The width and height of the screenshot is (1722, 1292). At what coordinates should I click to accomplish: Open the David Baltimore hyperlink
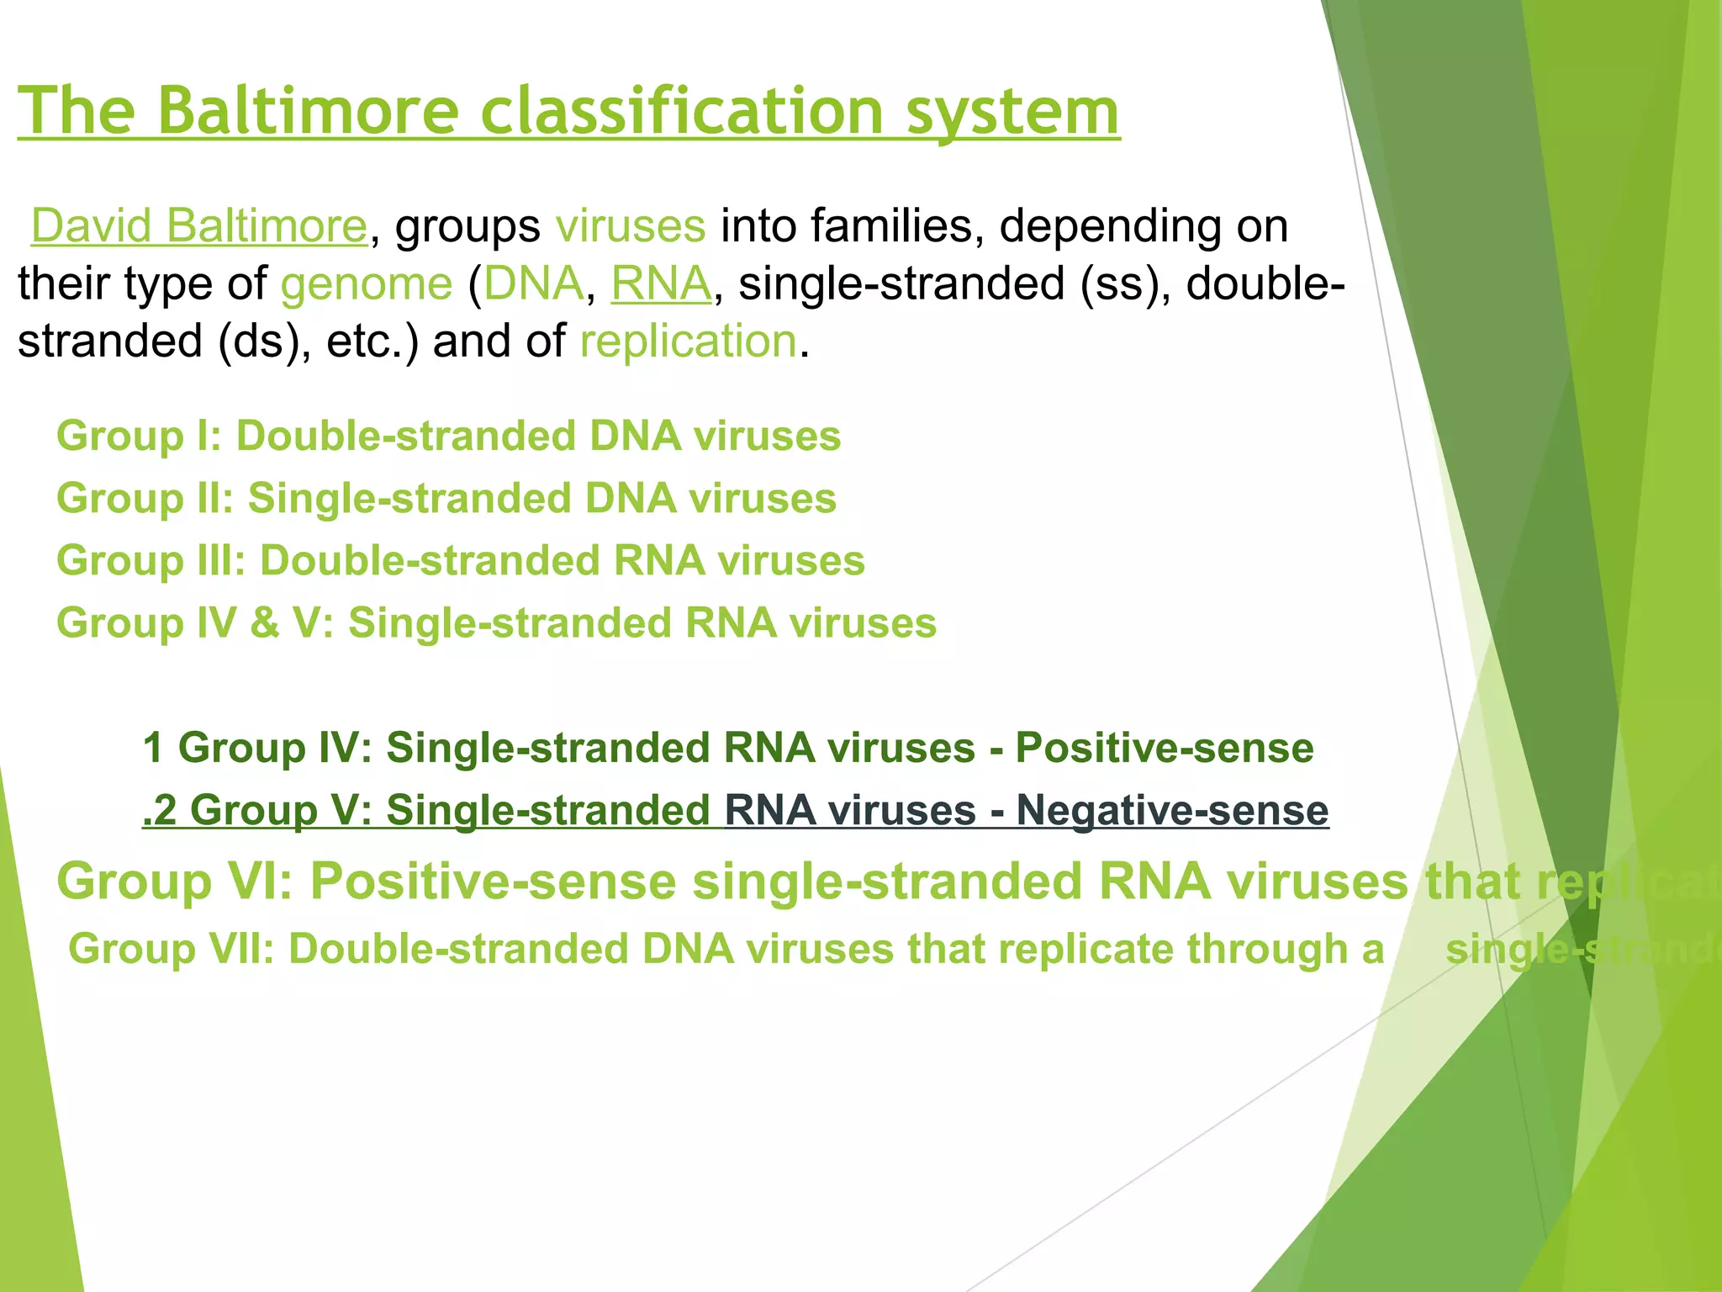pos(199,226)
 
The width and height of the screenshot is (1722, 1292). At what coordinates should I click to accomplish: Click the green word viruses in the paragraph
pos(630,226)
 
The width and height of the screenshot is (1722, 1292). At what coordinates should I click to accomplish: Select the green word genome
pos(367,284)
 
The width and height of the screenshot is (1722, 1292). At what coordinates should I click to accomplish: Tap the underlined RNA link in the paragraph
pos(661,283)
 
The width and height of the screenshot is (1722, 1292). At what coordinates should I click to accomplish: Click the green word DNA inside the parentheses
pos(533,283)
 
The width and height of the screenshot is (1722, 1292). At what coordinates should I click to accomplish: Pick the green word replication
pos(688,342)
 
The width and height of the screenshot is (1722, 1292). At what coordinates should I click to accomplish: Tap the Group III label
pos(150,561)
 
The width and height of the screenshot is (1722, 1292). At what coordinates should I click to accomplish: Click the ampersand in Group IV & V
pos(264,623)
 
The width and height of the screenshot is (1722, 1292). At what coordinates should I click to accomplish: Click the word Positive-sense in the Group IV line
pos(1164,748)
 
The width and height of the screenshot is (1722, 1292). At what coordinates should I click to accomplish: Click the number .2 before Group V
pos(159,810)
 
